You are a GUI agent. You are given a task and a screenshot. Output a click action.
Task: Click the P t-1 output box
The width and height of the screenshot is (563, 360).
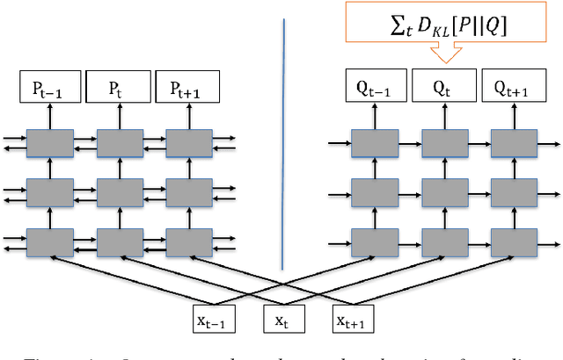(45, 89)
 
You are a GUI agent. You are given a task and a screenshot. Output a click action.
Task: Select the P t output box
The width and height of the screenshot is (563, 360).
(114, 89)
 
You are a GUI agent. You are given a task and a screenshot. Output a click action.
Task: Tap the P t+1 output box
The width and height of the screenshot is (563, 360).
(183, 89)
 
